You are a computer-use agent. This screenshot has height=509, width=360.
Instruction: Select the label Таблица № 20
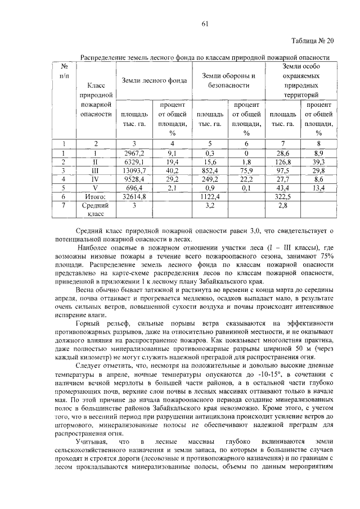pos(314,40)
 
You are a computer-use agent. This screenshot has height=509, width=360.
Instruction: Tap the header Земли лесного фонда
pos(151,80)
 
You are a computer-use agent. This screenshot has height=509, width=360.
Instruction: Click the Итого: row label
pos(95,197)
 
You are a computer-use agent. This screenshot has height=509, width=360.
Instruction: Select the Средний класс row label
pos(95,210)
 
